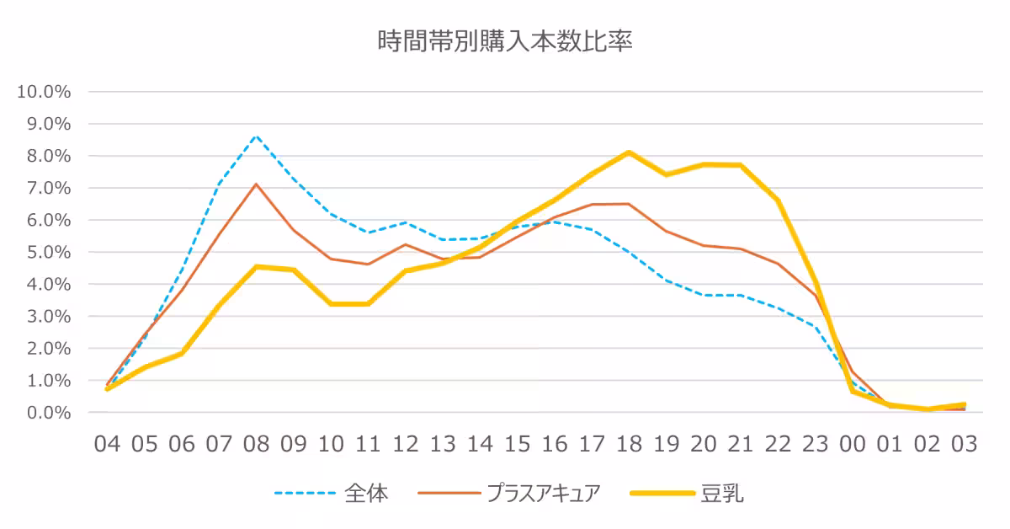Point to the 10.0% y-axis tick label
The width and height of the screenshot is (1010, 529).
pos(44,91)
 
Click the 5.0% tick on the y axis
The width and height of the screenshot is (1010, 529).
pos(47,252)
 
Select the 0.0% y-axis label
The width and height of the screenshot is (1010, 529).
pos(47,413)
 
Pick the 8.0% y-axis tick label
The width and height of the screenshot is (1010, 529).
pos(47,156)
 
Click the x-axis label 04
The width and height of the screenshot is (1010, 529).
pos(107,444)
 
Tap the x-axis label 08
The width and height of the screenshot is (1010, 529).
pos(256,444)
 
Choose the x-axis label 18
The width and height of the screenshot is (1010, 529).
pos(629,444)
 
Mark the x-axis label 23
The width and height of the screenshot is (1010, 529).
pos(815,444)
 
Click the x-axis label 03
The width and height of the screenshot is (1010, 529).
pos(964,444)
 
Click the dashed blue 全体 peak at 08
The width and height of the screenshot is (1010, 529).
pos(256,136)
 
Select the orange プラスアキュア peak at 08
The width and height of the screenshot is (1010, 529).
pos(256,184)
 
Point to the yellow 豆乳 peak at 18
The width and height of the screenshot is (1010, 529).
pos(629,152)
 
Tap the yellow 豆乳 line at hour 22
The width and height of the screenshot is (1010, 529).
pos(778,200)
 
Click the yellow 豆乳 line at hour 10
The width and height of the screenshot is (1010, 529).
pos(331,304)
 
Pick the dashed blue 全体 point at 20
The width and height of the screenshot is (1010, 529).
pos(703,295)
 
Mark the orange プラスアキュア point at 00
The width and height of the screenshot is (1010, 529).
pos(852,371)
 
